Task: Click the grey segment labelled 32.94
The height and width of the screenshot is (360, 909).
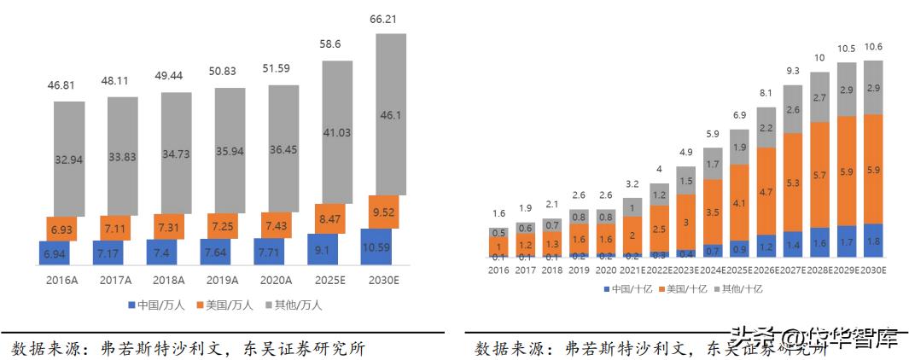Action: point(69,159)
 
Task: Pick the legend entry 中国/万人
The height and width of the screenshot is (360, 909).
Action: point(155,304)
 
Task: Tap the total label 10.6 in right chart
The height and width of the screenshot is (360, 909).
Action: point(873,48)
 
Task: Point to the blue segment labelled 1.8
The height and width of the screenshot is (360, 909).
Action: point(873,241)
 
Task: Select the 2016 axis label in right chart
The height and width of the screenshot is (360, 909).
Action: point(498,270)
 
